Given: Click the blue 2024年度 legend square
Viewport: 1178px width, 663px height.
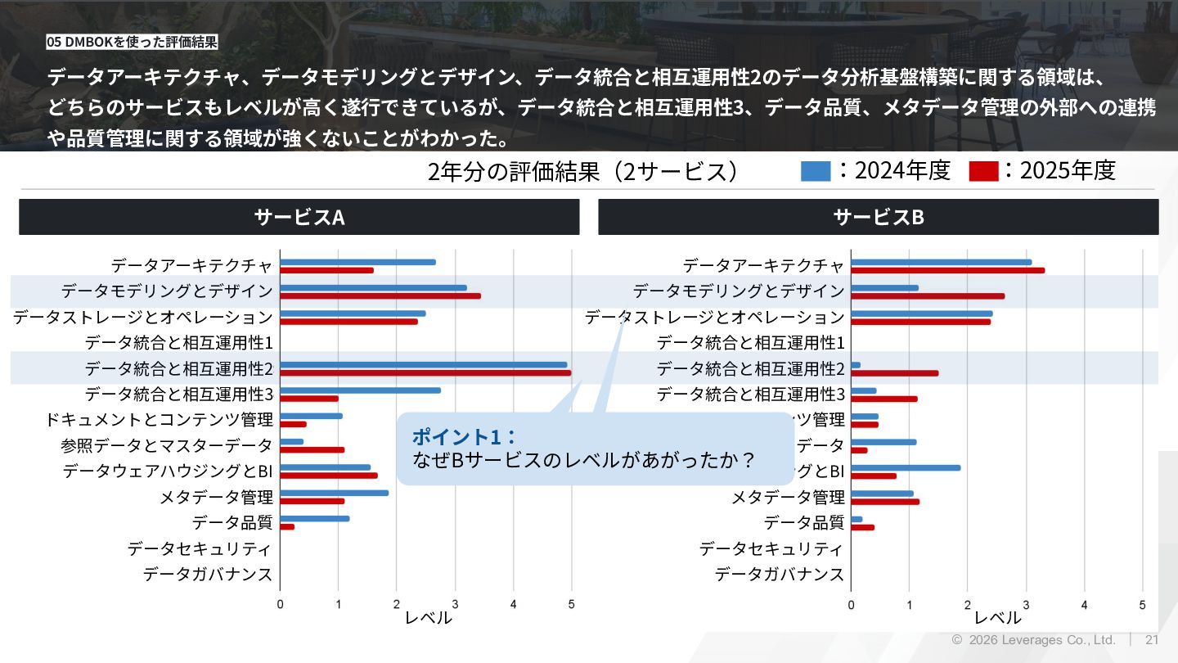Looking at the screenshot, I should pos(816,171).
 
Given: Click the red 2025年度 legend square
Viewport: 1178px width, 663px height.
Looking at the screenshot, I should pos(983,171).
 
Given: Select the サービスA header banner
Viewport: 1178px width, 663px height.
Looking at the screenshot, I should pos(299,217).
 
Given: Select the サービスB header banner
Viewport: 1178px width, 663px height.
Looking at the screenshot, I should pos(878,217).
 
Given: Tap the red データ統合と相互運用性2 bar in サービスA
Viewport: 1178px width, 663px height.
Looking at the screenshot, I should pos(425,373).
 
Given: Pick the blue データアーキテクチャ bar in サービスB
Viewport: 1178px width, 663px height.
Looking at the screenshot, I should pos(941,262).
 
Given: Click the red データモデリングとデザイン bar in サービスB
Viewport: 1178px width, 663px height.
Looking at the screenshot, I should pos(928,296).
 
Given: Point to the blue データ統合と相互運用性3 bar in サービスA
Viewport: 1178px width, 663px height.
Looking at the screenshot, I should pos(360,390).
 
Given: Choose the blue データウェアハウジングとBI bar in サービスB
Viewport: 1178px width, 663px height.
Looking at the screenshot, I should pos(906,467).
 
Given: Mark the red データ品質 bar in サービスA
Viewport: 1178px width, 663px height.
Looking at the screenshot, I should pos(287,526).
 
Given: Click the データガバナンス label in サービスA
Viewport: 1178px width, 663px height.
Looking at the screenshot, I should pos(208,575).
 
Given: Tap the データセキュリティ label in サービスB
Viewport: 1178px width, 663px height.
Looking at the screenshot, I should pos(771,548).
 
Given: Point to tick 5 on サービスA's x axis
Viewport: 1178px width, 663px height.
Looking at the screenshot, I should pos(571,605).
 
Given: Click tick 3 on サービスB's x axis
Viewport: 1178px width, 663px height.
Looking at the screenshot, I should pos(1026,605).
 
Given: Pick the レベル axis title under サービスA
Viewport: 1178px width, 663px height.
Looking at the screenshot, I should pos(428,619).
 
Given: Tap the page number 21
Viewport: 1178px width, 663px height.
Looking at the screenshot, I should pos(1152,640).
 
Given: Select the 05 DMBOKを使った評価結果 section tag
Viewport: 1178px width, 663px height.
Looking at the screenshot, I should pos(132,42).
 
